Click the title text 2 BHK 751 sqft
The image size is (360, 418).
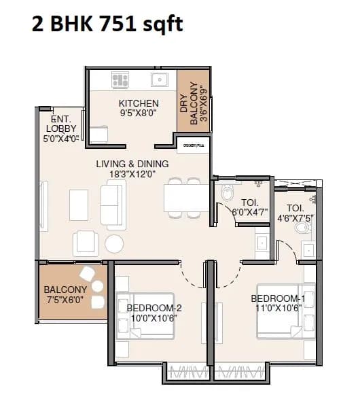[107, 26]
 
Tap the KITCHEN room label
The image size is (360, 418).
[139, 103]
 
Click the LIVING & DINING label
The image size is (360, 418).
[132, 164]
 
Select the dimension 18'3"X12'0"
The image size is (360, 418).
[132, 175]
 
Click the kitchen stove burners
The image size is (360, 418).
[120, 80]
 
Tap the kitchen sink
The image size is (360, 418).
[160, 80]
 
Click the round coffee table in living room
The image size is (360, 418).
[114, 243]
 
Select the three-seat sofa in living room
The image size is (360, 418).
[113, 205]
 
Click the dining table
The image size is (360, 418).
[185, 196]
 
